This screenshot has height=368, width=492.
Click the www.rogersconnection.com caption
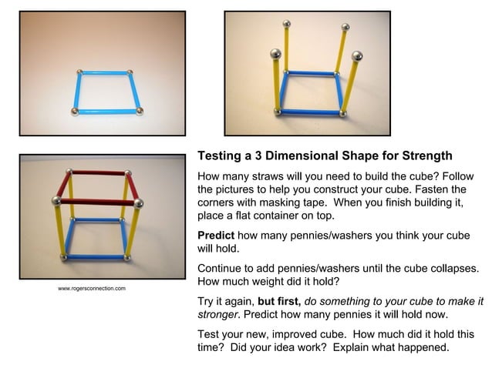click(92, 288)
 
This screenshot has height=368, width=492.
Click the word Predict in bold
click(217, 234)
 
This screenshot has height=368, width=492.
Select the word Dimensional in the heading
click(301, 155)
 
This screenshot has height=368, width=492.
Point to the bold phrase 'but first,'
click(282, 301)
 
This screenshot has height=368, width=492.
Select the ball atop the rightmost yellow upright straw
click(356, 55)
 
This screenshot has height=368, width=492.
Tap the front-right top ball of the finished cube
click(139, 203)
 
